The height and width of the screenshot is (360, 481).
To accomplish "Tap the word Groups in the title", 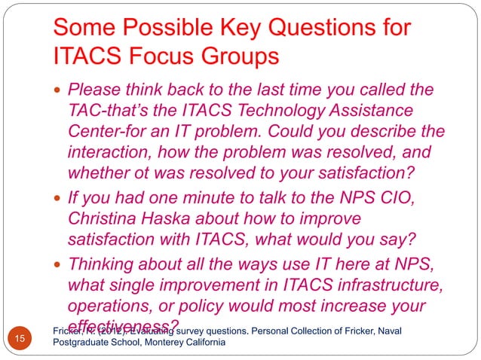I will click(242, 56).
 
